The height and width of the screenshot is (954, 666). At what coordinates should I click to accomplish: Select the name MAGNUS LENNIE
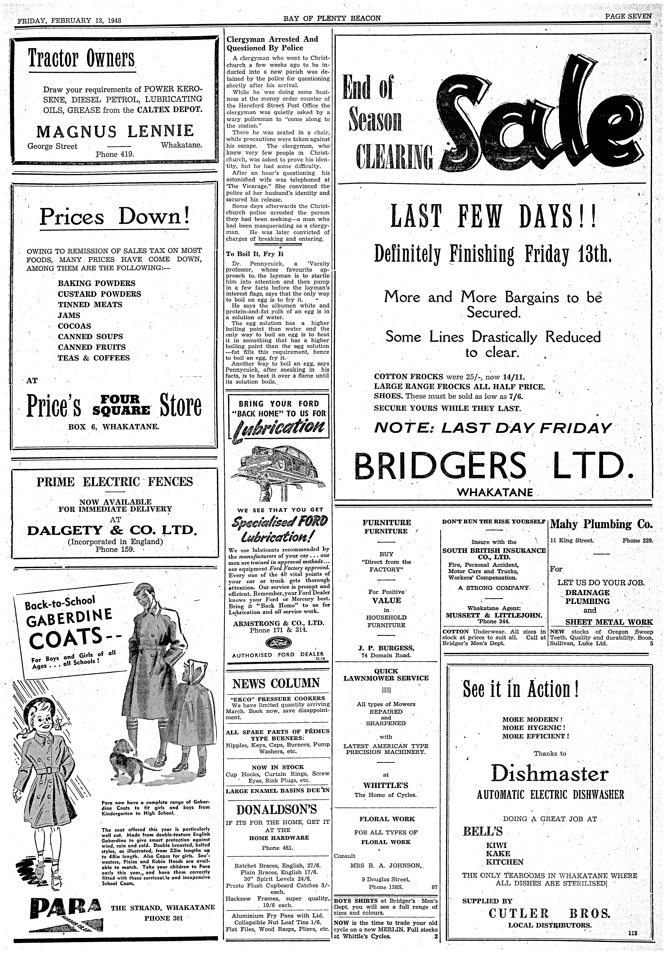coord(115,131)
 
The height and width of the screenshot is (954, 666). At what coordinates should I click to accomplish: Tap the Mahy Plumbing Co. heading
coord(601,524)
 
